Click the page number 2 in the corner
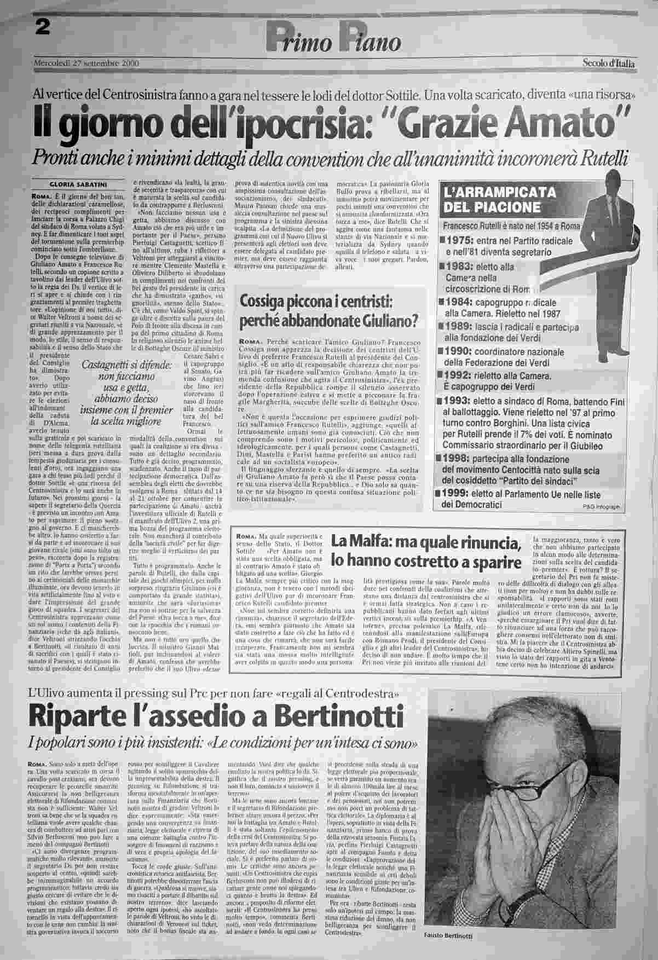tap(41, 12)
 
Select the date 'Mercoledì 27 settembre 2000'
tap(86, 63)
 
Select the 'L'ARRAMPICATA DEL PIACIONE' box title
tap(499, 200)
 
